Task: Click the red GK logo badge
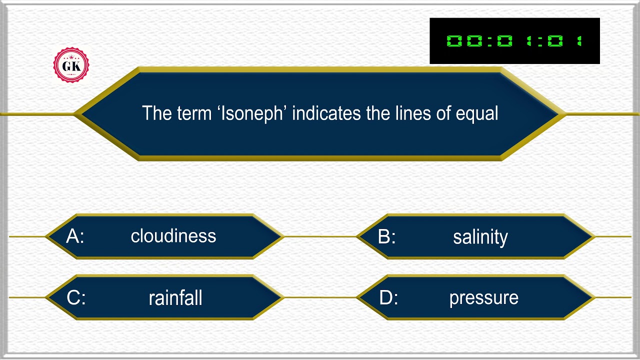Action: click(71, 65)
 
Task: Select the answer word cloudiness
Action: click(173, 236)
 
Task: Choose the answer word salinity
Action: click(480, 237)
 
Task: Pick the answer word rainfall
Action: click(175, 298)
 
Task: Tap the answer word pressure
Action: click(483, 298)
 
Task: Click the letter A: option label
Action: click(75, 236)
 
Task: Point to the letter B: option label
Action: click(387, 236)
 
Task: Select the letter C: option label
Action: click(76, 298)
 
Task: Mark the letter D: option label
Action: click(388, 298)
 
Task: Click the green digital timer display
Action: click(514, 41)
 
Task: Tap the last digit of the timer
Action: click(579, 41)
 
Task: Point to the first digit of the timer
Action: click(454, 41)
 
